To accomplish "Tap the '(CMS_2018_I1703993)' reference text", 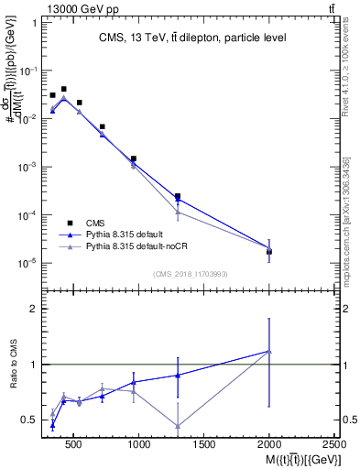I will point(191,274).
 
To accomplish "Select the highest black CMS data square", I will point(63,89).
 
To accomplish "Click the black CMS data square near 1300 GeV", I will point(178,196).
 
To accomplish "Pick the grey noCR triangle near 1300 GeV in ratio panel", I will point(178,426).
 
